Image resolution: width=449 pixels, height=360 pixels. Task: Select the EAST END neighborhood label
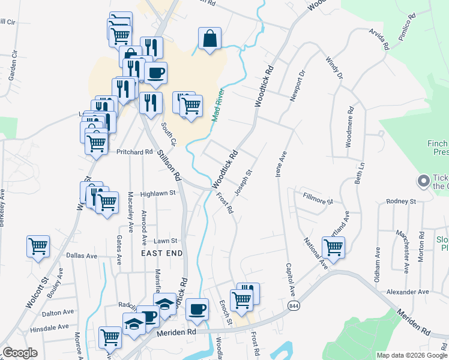(x=161, y=254)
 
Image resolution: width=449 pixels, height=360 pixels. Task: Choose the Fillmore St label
(x=318, y=198)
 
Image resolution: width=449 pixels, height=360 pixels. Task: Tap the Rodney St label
(x=401, y=201)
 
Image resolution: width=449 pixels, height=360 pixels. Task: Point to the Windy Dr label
(x=334, y=68)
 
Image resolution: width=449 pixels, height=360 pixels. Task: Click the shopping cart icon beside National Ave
(x=333, y=247)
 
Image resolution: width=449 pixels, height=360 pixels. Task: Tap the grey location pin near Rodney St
(x=424, y=180)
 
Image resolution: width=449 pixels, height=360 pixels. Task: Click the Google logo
(x=20, y=353)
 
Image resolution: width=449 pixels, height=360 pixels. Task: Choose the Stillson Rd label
(x=169, y=165)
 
